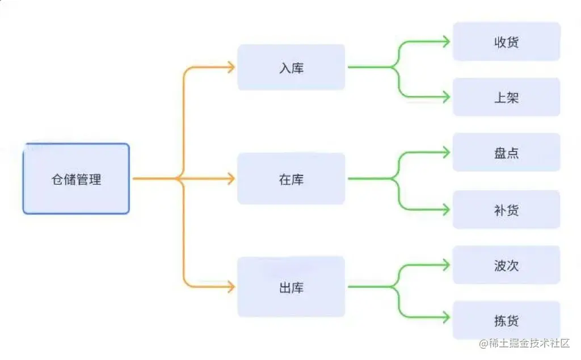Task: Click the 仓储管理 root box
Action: (x=76, y=179)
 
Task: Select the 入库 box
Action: (x=291, y=68)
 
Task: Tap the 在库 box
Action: (x=291, y=179)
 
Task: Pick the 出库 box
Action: (x=291, y=287)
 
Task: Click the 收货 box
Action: (x=506, y=41)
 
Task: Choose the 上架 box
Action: (x=506, y=97)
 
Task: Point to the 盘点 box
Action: (x=506, y=152)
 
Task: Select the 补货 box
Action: (x=506, y=210)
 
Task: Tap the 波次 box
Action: (x=506, y=265)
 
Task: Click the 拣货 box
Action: (x=506, y=320)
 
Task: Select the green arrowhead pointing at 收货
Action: (x=446, y=41)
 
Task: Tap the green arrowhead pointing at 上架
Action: (x=446, y=97)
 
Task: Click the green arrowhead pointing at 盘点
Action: (x=446, y=152)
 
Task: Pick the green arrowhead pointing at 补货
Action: (x=446, y=210)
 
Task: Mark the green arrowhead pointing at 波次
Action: (x=446, y=265)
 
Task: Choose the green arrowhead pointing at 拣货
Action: (x=446, y=320)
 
